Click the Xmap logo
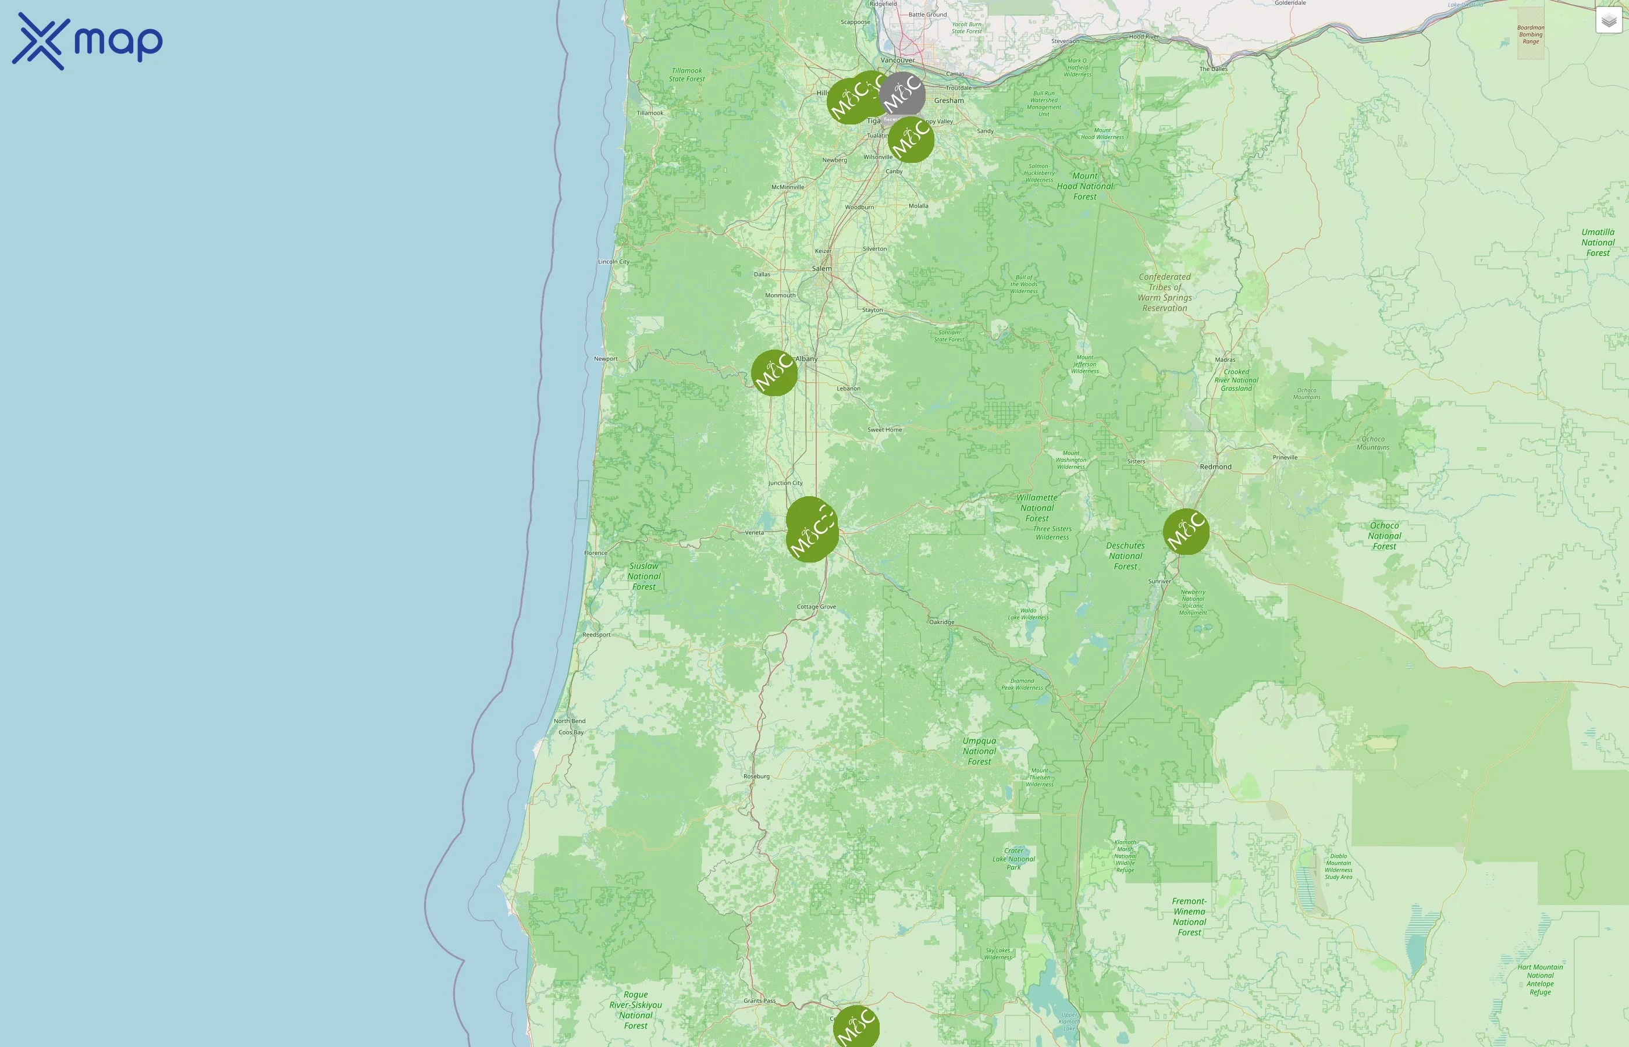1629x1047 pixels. (x=87, y=41)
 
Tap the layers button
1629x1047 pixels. (x=1609, y=20)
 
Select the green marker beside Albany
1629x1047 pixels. (x=774, y=373)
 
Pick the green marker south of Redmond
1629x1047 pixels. (x=1186, y=532)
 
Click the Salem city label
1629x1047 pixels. (x=821, y=269)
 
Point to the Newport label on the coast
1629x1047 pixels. (x=606, y=359)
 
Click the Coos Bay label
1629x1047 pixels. (x=571, y=733)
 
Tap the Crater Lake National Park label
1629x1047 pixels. (x=1013, y=859)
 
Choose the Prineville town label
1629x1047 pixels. (x=1285, y=458)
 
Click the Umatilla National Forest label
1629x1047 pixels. (x=1598, y=243)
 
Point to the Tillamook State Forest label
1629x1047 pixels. (x=687, y=75)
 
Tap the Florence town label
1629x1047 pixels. (x=596, y=553)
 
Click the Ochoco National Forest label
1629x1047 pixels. (x=1384, y=536)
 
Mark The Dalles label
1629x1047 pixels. (x=1214, y=69)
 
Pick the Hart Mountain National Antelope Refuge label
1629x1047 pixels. (x=1540, y=980)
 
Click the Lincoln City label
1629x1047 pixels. (x=614, y=262)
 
